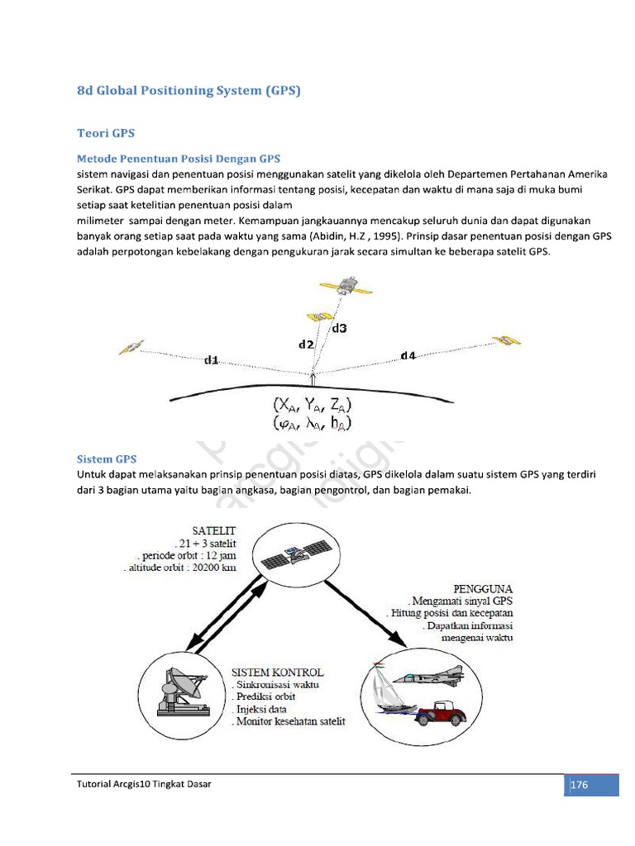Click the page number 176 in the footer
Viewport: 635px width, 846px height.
tap(579, 784)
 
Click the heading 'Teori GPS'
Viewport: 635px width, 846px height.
tap(105, 132)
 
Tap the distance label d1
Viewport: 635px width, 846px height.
tap(212, 359)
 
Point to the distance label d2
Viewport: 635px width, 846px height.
tap(306, 344)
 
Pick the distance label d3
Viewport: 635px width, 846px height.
tap(339, 328)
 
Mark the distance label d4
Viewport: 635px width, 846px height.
tap(408, 355)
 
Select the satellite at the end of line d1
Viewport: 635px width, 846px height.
tap(131, 347)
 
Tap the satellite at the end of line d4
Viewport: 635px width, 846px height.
tap(505, 341)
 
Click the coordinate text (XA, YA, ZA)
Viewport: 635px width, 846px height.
tap(313, 406)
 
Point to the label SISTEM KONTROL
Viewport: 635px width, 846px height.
tap(278, 672)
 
